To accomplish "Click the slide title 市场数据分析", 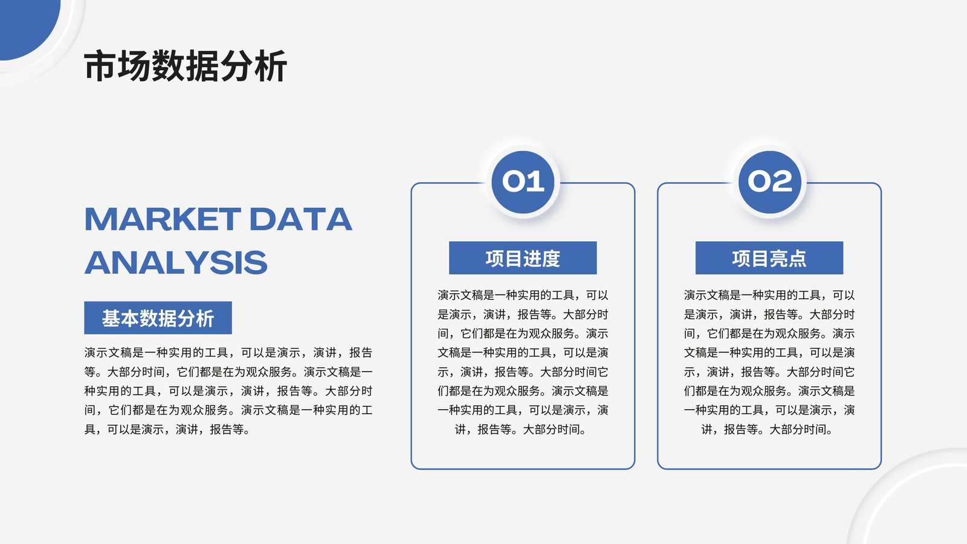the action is (185, 66).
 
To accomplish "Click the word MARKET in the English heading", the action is (163, 219).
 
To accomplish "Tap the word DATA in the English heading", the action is (301, 219).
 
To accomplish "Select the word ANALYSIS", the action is (176, 262).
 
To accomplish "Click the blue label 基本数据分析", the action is (158, 318).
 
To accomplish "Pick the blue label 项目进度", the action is (523, 257).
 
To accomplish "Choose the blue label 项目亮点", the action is (769, 257).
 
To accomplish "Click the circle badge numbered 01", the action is (523, 182).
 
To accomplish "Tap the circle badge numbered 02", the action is (770, 182).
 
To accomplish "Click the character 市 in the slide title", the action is (100, 66).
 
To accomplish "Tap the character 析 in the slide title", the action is (271, 66).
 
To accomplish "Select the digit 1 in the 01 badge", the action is (537, 181).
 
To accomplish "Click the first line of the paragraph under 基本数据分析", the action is (228, 353).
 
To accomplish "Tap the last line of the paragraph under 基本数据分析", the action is (167, 430).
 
